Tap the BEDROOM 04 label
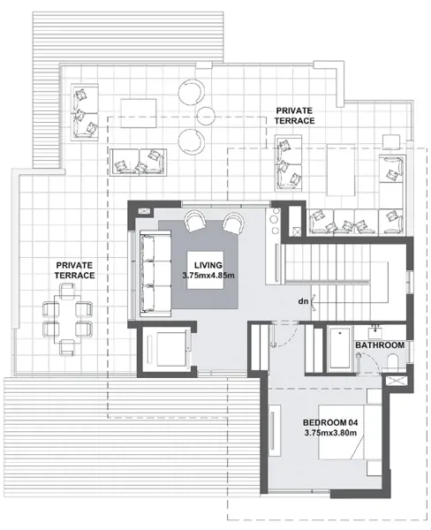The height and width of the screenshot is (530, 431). [331, 421]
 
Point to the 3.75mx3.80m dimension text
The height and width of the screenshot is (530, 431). [331, 433]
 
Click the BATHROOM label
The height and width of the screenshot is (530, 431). [380, 344]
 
